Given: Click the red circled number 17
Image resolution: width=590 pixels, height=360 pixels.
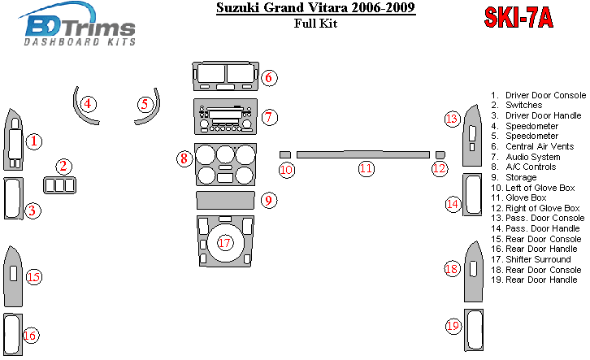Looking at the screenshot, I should (225, 243).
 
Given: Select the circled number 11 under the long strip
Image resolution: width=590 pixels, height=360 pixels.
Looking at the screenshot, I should (367, 169).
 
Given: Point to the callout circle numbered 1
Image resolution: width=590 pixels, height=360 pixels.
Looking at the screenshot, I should (33, 142).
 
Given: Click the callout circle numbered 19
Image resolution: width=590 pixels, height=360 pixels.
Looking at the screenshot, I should (453, 326).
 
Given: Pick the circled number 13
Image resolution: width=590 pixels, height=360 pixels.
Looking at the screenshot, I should (452, 119).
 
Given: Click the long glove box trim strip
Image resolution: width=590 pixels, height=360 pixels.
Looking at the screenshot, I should (362, 154).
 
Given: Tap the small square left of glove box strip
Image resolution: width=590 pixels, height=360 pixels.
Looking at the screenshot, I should (284, 154).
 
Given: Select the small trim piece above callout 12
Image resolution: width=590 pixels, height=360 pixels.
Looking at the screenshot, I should (440, 154).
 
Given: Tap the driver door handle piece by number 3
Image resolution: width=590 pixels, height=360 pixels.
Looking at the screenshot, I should (12, 198).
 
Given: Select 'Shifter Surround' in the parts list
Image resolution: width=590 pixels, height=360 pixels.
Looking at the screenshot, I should (537, 259).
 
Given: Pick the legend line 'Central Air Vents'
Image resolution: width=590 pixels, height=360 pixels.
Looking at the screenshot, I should (539, 147).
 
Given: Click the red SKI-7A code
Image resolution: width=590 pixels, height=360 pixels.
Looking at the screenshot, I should (518, 18).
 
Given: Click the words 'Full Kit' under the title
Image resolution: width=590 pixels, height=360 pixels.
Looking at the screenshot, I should (315, 24).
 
